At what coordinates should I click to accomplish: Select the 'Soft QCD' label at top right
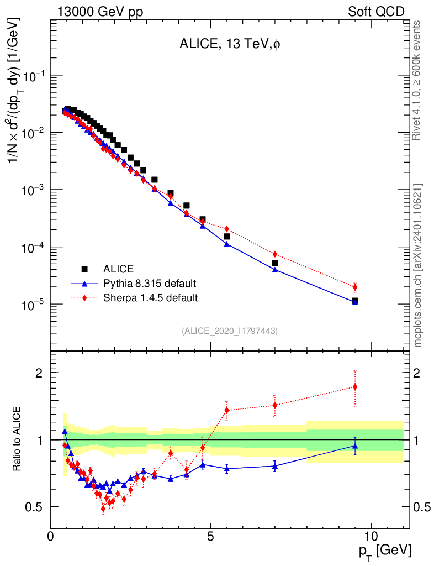pyautogui.click(x=376, y=12)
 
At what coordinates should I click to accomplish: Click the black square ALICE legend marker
pyautogui.click(x=85, y=269)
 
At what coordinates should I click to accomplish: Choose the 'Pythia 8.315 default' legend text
pyautogui.click(x=150, y=284)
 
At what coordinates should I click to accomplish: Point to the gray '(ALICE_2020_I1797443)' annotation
pyautogui.click(x=229, y=331)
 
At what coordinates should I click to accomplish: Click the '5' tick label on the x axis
pyautogui.click(x=211, y=537)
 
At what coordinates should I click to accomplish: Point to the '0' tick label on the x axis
pyautogui.click(x=51, y=537)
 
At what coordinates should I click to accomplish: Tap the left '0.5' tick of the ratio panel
pyautogui.click(x=34, y=507)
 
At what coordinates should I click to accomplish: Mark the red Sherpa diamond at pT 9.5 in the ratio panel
pyautogui.click(x=355, y=387)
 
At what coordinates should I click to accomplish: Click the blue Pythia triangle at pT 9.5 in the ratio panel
pyautogui.click(x=355, y=446)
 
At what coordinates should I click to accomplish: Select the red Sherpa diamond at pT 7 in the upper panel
pyautogui.click(x=275, y=254)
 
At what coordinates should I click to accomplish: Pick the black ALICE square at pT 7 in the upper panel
pyautogui.click(x=275, y=263)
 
